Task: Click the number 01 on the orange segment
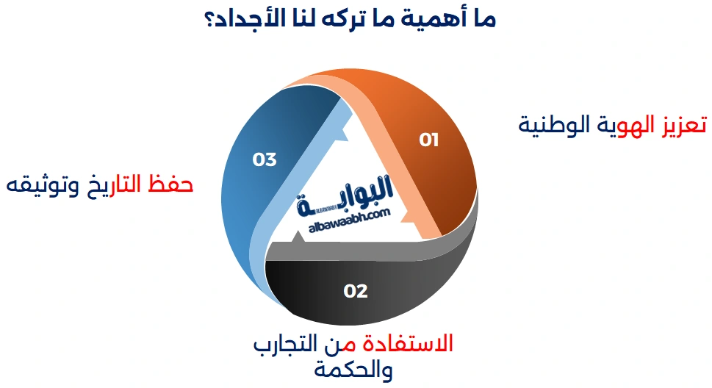[x=429, y=140]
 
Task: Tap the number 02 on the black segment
[x=356, y=291]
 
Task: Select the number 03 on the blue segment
[x=265, y=159]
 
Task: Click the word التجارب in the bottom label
[x=288, y=345]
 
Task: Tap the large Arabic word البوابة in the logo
[x=360, y=193]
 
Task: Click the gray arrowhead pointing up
[x=298, y=238]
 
